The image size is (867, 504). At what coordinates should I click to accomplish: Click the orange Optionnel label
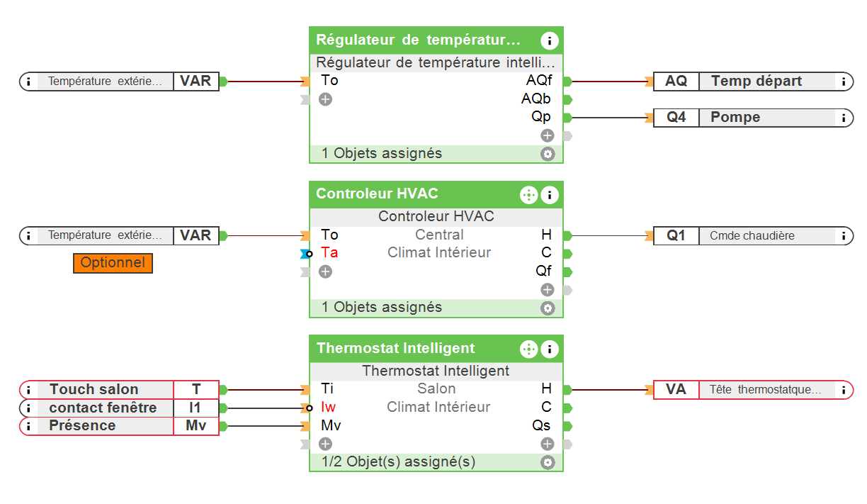click(113, 263)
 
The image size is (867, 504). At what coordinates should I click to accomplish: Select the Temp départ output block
click(756, 81)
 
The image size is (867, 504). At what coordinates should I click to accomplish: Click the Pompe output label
click(735, 118)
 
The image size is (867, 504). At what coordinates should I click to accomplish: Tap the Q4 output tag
click(676, 118)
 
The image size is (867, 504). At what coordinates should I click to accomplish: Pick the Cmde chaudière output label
click(752, 236)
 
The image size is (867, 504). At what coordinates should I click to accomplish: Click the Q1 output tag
click(676, 236)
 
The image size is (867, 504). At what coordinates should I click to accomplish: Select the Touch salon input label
click(94, 389)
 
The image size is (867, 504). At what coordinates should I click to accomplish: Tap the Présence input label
click(82, 426)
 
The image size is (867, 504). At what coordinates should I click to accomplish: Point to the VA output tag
click(676, 389)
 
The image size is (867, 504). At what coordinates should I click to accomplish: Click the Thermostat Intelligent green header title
click(395, 348)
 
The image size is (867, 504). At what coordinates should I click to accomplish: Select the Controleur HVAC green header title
click(377, 194)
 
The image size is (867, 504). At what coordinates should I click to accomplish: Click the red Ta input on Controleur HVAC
click(329, 252)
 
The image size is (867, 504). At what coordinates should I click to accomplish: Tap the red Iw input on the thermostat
click(328, 407)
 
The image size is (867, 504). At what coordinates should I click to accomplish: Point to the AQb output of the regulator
click(536, 99)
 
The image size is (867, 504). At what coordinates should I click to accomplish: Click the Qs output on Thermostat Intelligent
click(541, 426)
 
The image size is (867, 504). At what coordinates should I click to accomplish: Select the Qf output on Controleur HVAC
click(543, 271)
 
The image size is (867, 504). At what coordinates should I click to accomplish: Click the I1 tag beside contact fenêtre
click(195, 408)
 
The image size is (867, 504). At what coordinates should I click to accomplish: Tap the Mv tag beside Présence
click(195, 426)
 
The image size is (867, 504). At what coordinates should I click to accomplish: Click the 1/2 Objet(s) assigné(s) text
click(398, 461)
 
